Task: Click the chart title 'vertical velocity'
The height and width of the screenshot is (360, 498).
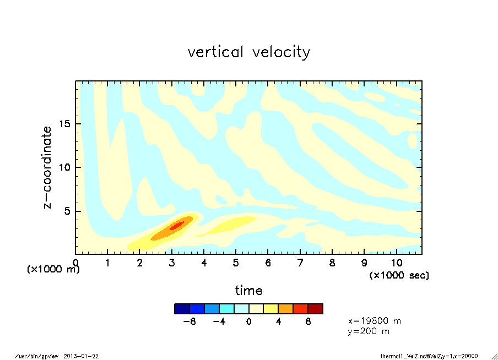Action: pos(248,52)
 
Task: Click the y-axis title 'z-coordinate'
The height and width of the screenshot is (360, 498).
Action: pos(48,167)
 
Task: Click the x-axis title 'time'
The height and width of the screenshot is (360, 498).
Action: pos(248,291)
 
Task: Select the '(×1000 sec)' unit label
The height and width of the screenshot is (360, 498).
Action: pos(399,275)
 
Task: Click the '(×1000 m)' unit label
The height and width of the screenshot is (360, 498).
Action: pos(53,270)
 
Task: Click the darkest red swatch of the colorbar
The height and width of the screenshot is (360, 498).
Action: pos(315,309)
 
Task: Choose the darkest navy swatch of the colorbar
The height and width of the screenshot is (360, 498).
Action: pos(182,309)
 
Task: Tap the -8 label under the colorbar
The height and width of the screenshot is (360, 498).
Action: pos(190,322)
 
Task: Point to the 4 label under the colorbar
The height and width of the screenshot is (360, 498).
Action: pos(279,322)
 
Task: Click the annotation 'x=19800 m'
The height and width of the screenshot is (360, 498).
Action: pos(375,320)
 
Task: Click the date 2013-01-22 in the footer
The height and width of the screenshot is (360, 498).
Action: pos(81,356)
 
